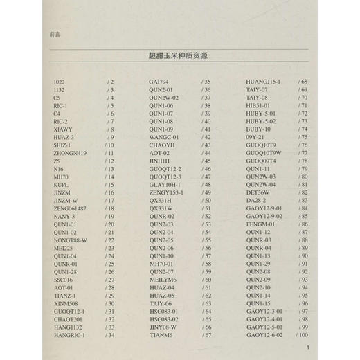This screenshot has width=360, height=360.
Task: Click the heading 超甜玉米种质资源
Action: click(179, 56)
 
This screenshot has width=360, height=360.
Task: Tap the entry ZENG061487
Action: click(70, 208)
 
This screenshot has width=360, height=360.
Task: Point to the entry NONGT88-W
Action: click(70, 240)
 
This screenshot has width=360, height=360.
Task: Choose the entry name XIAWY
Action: click(63, 129)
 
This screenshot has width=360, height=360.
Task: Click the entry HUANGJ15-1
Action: click(264, 82)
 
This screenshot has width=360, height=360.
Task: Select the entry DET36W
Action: click(258, 192)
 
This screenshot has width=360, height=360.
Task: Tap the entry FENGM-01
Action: click(261, 224)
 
